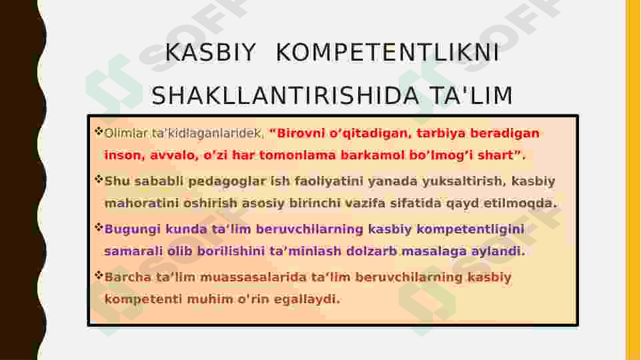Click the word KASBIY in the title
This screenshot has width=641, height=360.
pos(210,53)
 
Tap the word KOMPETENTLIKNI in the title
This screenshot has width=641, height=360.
pos(388,53)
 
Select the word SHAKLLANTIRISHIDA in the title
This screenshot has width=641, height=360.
pos(285,95)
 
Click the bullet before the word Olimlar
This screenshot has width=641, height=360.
pos(99,131)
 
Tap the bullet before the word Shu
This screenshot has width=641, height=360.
pos(99,179)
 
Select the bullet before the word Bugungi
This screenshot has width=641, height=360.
pos(99,227)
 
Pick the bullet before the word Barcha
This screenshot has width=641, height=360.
pos(99,275)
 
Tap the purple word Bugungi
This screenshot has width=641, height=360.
pos(133,229)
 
